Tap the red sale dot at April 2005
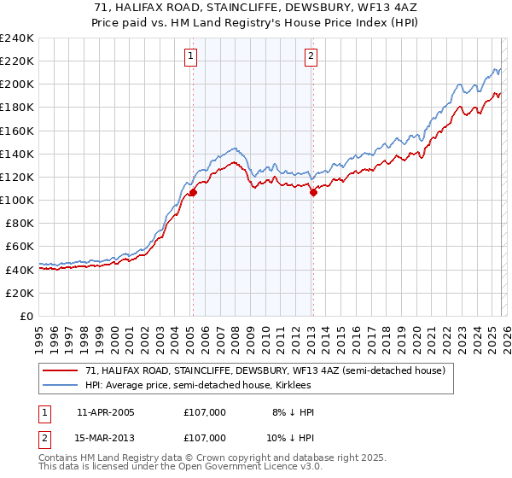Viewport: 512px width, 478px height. [193, 192]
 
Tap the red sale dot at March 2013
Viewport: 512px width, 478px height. [313, 192]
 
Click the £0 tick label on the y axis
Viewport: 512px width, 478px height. [26, 316]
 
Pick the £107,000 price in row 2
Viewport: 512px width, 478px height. [204, 437]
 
